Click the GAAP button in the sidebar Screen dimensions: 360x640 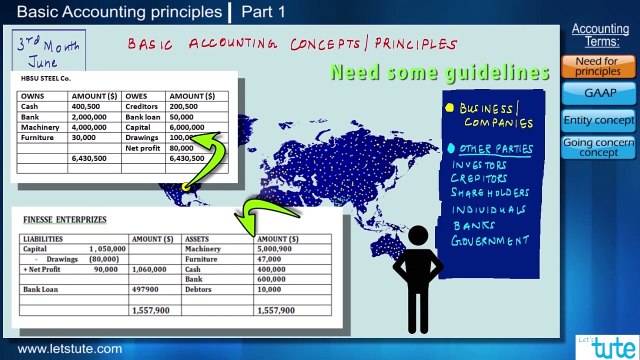598,93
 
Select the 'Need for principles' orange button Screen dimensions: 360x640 598,66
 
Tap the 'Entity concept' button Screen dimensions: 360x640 598,120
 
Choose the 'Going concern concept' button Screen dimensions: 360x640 598,147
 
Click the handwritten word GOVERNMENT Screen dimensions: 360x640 491,241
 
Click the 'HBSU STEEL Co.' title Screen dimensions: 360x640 46,77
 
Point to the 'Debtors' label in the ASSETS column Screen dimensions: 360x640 200,289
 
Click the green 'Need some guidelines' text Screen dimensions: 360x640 439,73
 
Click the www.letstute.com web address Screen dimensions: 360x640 70,349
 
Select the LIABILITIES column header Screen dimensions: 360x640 43,239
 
